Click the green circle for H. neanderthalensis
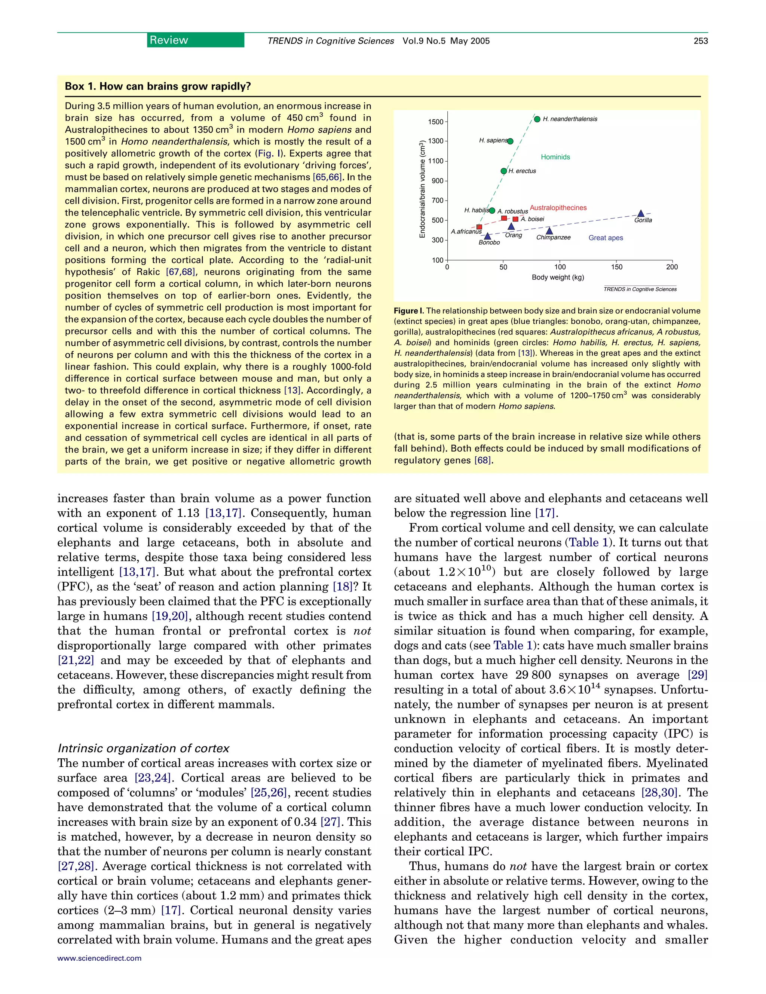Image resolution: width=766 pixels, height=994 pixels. (x=537, y=119)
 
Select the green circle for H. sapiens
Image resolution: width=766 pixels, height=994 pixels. (x=510, y=141)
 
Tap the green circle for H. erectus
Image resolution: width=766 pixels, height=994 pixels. (x=503, y=171)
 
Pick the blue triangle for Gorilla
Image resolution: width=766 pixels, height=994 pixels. (x=640, y=214)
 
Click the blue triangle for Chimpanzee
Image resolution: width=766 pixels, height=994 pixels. (x=549, y=231)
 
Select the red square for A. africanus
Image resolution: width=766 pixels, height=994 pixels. (x=479, y=227)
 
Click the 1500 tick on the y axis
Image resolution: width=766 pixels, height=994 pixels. (x=436, y=122)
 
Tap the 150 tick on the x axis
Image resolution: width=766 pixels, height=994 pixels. (x=616, y=267)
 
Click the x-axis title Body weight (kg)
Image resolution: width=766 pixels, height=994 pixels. (x=558, y=277)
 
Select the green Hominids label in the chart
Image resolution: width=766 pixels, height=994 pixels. (x=555, y=157)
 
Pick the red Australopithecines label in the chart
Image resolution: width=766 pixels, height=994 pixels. (x=558, y=208)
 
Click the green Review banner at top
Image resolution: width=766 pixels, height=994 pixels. (x=195, y=40)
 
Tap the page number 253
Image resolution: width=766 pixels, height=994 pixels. (x=701, y=41)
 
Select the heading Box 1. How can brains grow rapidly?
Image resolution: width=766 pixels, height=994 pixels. (x=157, y=86)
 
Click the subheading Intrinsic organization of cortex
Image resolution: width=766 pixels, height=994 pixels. (x=143, y=748)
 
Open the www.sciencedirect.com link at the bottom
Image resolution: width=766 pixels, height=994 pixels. (x=99, y=958)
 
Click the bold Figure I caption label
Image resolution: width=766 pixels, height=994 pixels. (x=408, y=311)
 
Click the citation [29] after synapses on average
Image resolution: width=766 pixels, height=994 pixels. (x=698, y=675)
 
